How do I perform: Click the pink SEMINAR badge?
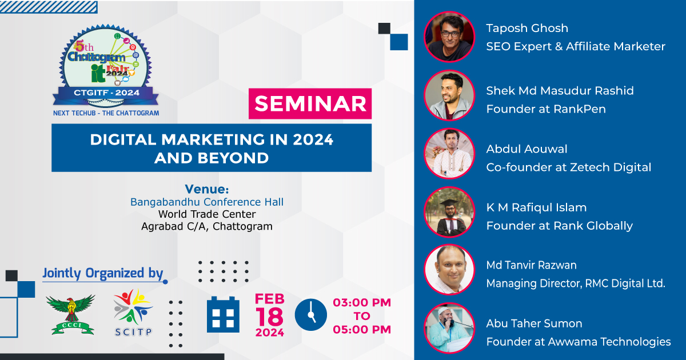tap(310, 103)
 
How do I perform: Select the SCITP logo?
tap(133, 313)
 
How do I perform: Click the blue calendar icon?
tap(222, 314)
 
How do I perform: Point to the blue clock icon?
tap(310, 315)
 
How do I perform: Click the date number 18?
tap(269, 317)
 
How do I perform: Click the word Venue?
tap(206, 189)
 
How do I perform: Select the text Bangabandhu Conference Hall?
tap(206, 202)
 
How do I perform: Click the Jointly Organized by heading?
tap(103, 273)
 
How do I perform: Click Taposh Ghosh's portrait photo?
tap(449, 37)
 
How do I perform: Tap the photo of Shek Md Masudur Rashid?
tap(449, 95)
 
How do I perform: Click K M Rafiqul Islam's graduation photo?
tap(449, 212)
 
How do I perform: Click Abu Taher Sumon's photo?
tap(449, 328)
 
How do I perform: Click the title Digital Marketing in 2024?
tap(212, 140)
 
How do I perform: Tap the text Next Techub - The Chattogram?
tap(106, 113)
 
